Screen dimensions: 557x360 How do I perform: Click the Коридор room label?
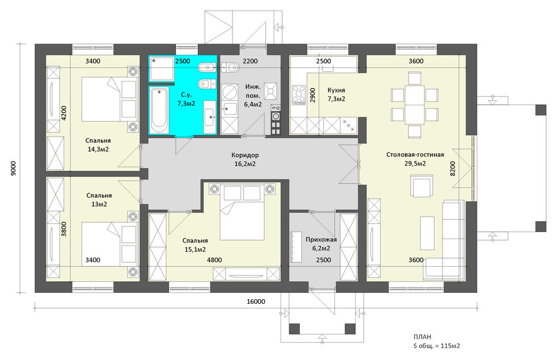(x=245, y=155)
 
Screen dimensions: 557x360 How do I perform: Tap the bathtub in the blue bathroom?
(x=158, y=110)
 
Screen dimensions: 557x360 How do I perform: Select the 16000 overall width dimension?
(x=256, y=302)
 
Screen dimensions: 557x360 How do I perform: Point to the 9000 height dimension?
(x=13, y=168)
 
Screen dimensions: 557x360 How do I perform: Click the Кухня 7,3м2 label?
(x=337, y=94)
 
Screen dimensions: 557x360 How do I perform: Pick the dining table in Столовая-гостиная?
(x=415, y=105)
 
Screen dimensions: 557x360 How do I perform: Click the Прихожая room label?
(x=321, y=240)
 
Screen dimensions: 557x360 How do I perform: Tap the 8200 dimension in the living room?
(x=452, y=168)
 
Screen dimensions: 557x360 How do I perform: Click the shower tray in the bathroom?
(x=161, y=69)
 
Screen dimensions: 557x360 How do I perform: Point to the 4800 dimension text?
(x=214, y=260)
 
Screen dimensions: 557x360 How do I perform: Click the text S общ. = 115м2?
(x=437, y=346)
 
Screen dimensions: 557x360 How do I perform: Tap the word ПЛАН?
(x=422, y=337)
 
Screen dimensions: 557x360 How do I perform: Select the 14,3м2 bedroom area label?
(x=98, y=149)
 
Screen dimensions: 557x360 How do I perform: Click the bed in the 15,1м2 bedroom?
(x=242, y=212)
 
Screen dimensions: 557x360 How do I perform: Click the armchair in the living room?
(x=422, y=186)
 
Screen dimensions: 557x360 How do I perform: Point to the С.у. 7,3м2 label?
(x=186, y=99)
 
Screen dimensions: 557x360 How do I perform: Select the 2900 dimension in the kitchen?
(x=312, y=95)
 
